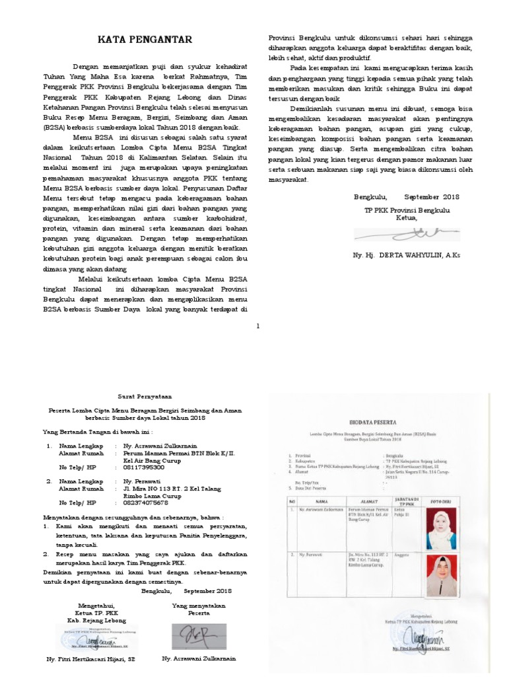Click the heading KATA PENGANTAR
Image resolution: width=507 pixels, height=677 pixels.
pos(145,40)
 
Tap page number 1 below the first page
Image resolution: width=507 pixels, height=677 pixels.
pos(258,325)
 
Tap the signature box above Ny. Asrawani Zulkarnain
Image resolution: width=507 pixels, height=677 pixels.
pos(198,635)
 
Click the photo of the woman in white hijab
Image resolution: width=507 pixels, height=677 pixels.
pos(441,525)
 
